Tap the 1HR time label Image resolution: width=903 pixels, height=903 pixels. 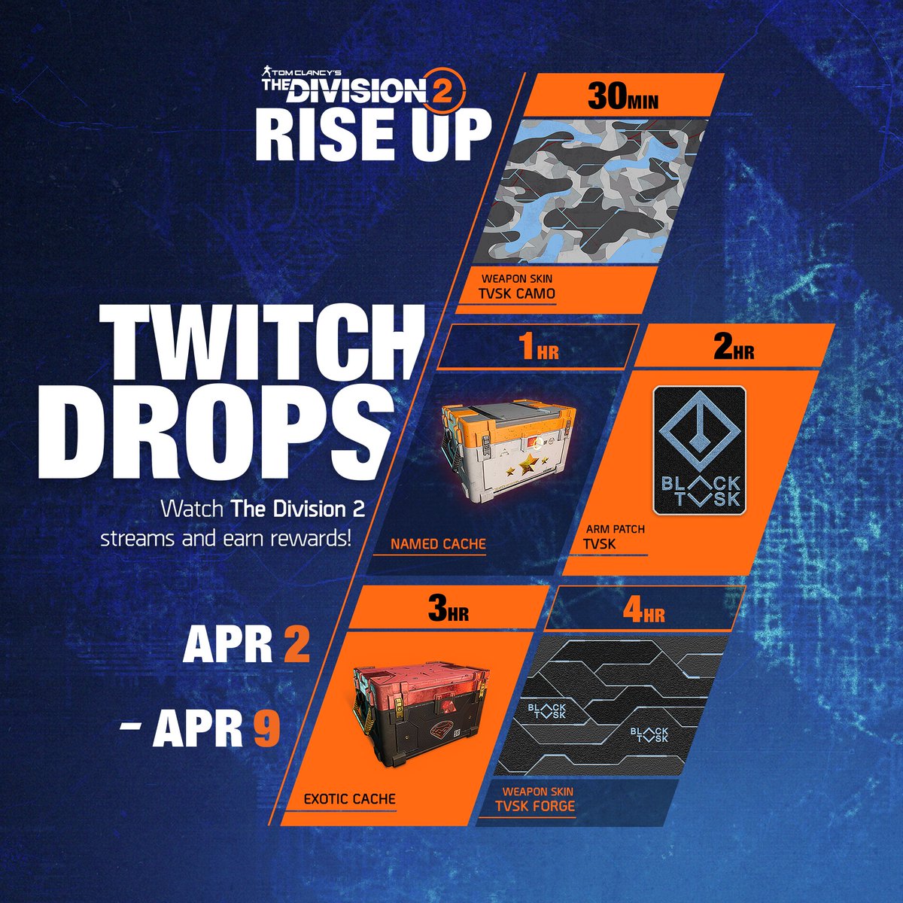tap(539, 349)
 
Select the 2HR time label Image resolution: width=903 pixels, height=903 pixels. tap(733, 349)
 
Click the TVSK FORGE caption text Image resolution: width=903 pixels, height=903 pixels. tap(534, 807)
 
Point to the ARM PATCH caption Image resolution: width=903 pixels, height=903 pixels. tap(615, 529)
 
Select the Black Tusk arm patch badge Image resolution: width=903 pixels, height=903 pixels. tap(699, 450)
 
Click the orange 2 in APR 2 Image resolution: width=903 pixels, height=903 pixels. tap(296, 646)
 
